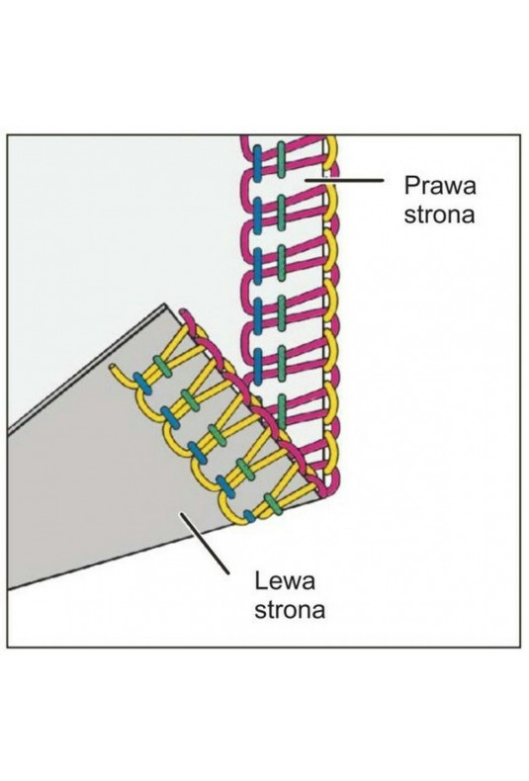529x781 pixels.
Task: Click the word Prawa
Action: (x=440, y=185)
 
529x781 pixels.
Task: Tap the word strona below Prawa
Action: (x=439, y=215)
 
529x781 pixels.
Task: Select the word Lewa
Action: (x=285, y=580)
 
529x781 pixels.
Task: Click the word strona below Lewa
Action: (x=290, y=610)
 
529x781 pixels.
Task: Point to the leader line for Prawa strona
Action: (x=344, y=179)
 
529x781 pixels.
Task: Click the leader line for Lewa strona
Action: (x=206, y=543)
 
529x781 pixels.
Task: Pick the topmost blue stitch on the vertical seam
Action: (x=257, y=163)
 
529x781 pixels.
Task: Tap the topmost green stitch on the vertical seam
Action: (x=282, y=159)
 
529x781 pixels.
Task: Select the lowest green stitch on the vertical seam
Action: (x=282, y=411)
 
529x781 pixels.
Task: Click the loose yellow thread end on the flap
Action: (x=113, y=369)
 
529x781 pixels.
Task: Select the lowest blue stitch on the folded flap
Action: (x=249, y=516)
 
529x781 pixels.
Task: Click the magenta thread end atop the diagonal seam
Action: (x=183, y=312)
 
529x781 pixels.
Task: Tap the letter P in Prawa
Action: (x=411, y=185)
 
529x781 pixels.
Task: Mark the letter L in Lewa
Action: (x=261, y=580)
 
